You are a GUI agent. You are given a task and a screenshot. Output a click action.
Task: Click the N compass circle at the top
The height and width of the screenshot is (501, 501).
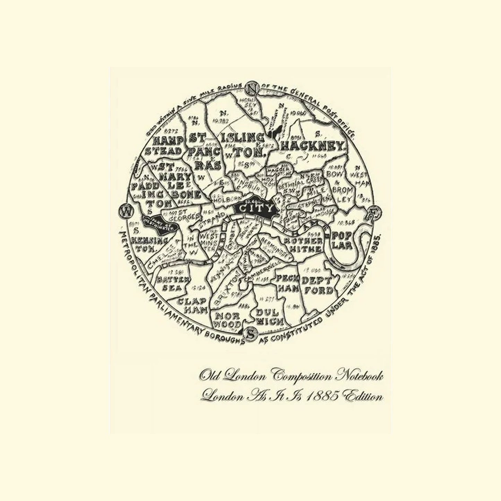click(251, 88)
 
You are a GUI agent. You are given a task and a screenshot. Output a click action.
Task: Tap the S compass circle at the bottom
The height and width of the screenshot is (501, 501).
click(250, 334)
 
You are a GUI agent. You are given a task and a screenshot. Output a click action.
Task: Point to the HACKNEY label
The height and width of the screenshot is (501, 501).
click(313, 146)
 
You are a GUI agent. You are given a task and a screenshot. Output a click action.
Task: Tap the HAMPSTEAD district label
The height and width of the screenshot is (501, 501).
click(167, 146)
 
